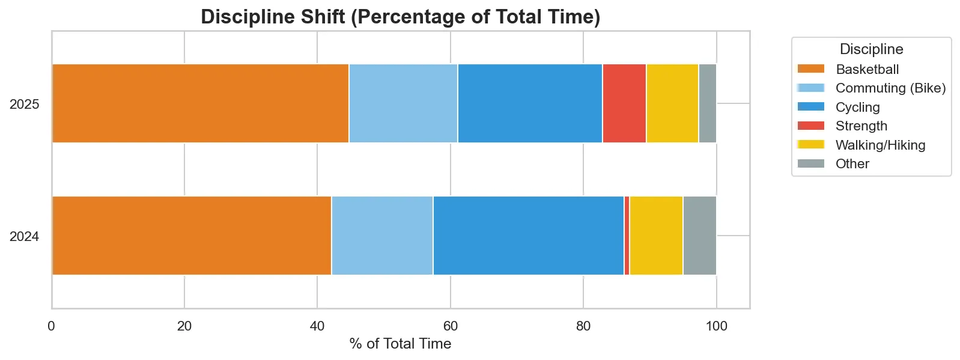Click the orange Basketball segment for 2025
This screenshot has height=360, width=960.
[x=200, y=103]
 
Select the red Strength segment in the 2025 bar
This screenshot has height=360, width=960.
[x=624, y=103]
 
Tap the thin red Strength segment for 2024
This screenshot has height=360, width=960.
[x=627, y=236]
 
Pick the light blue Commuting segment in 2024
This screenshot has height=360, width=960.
[x=382, y=236]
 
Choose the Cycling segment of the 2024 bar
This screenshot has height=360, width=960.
[x=528, y=236]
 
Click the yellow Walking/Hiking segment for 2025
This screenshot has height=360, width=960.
[x=672, y=103]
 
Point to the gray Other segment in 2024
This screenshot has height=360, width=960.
[x=699, y=236]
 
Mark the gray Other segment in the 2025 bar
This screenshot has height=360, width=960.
[x=707, y=103]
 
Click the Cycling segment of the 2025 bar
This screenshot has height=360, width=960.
[x=530, y=103]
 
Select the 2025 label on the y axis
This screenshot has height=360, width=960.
[x=25, y=105]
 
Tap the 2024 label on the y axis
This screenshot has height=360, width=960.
[x=25, y=237]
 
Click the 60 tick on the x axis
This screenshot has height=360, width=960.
[x=450, y=326]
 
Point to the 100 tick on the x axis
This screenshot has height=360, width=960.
[x=716, y=326]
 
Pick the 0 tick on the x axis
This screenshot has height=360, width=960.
[x=52, y=326]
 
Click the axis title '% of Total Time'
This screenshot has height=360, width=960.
[x=400, y=344]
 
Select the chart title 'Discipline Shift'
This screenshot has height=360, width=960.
[x=400, y=17]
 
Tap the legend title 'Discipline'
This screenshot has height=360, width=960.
[x=871, y=49]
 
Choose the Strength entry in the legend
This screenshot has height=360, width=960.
[x=861, y=126]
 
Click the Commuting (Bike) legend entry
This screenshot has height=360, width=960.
[x=890, y=88]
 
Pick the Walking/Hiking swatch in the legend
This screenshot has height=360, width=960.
[x=810, y=145]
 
